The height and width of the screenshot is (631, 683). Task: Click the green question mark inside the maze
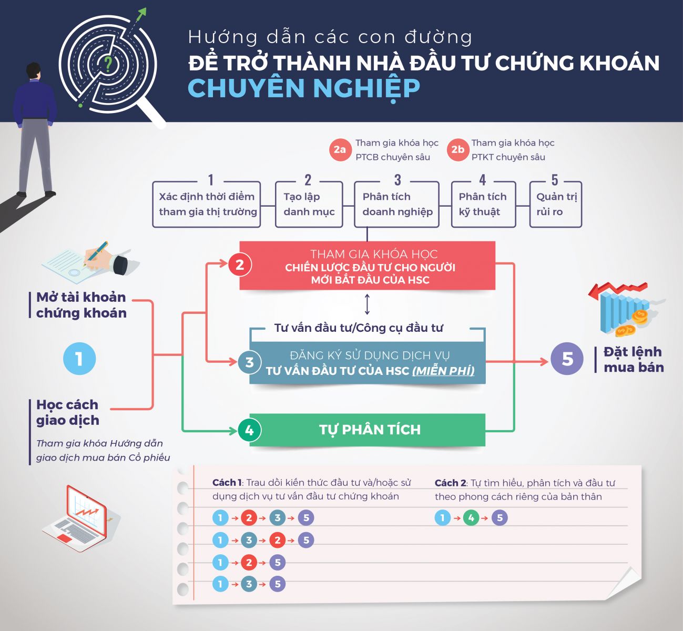tap(108, 64)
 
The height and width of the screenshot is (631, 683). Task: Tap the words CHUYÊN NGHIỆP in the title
tap(303, 88)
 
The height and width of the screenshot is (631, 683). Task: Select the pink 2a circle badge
tap(340, 149)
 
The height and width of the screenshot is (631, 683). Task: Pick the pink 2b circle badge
tap(457, 149)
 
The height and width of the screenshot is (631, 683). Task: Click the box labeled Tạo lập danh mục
tap(309, 205)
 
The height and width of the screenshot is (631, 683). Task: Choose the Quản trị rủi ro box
tap(555, 205)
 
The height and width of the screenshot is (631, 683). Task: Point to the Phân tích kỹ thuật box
tap(483, 205)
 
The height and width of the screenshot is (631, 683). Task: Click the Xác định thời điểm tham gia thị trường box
tap(207, 205)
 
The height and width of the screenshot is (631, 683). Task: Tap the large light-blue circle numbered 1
tap(79, 359)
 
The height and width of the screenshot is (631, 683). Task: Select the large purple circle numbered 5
tap(567, 359)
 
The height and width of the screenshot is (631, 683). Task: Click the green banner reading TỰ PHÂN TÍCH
tap(369, 430)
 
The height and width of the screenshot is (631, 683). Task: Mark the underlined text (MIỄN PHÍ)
tap(443, 371)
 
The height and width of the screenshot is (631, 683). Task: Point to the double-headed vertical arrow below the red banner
tap(367, 304)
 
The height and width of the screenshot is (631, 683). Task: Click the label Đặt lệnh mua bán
tap(633, 360)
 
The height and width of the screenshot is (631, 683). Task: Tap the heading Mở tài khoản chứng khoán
tap(81, 305)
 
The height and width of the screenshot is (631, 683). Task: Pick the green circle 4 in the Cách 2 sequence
tap(471, 518)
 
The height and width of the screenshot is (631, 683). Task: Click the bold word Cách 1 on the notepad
tap(227, 483)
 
